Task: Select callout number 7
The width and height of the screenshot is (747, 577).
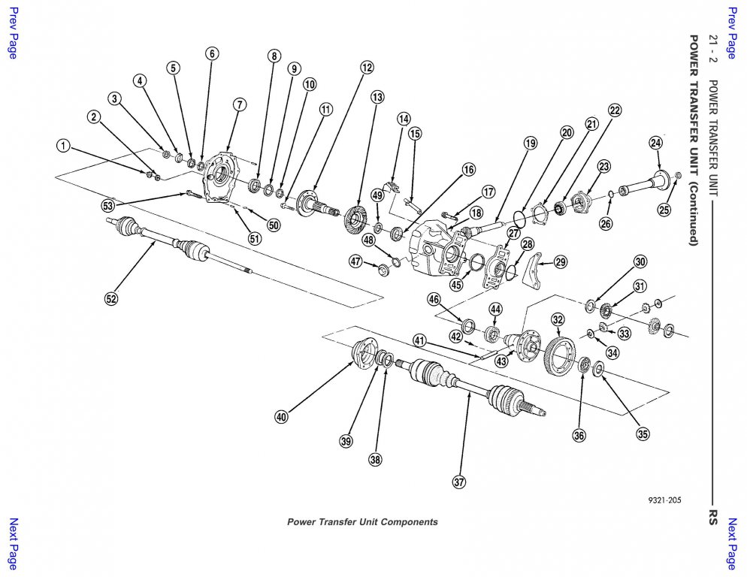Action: click(239, 104)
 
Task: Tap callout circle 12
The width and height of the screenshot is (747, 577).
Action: click(366, 68)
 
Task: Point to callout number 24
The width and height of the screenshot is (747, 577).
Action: click(656, 143)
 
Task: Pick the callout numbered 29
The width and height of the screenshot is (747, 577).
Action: click(561, 261)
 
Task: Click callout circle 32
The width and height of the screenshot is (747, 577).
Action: click(557, 319)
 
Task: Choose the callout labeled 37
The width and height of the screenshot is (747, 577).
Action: click(459, 482)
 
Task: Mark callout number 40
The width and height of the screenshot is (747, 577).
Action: click(281, 417)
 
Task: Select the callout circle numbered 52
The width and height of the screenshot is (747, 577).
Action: click(111, 298)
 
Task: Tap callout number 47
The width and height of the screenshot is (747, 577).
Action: click(355, 261)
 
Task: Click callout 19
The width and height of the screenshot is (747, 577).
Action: click(531, 143)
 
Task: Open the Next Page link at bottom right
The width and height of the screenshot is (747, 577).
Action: click(731, 544)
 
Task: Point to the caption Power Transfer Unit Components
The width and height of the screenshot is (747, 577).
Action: click(362, 522)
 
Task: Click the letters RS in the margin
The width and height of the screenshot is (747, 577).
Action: click(712, 517)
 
